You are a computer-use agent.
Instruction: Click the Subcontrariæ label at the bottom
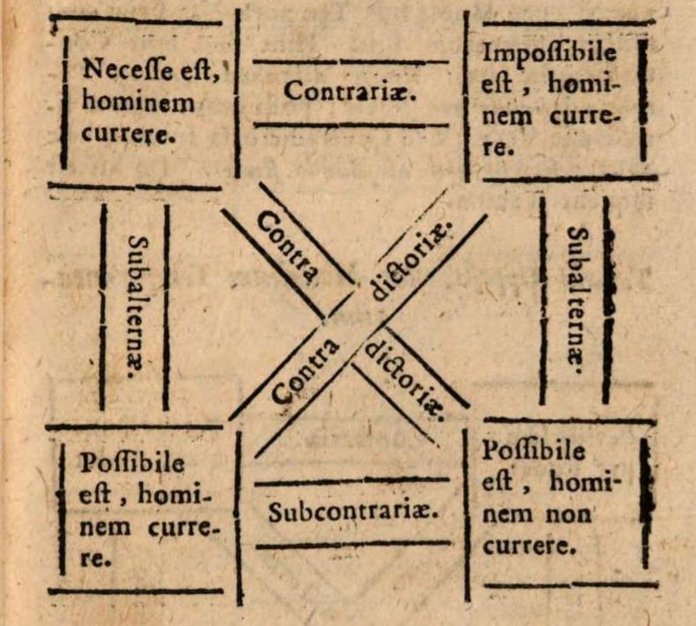click(354, 512)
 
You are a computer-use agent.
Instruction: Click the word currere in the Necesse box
click(124, 135)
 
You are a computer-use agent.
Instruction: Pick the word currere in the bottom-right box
click(528, 543)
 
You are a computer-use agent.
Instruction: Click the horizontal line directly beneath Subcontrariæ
click(352, 544)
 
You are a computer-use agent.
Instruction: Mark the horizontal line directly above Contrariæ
click(351, 62)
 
